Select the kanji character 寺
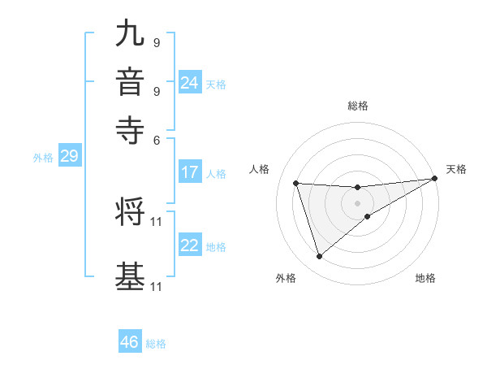(130, 130)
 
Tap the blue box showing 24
(190, 83)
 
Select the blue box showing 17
(190, 172)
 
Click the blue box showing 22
(190, 245)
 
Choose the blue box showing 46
(130, 342)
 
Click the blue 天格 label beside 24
(216, 84)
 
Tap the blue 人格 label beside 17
(216, 173)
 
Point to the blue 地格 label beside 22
(216, 246)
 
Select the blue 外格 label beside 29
(43, 158)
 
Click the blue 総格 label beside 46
(156, 343)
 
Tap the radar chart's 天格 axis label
(456, 169)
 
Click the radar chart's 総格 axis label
(357, 106)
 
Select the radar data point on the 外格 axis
(319, 257)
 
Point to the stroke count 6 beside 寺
(157, 139)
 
